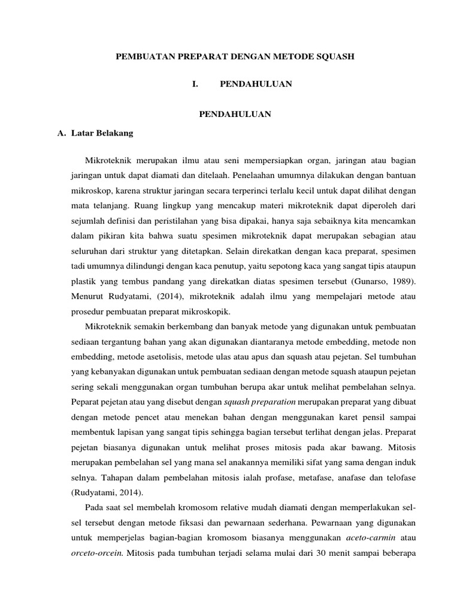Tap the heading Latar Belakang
(x=102, y=133)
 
